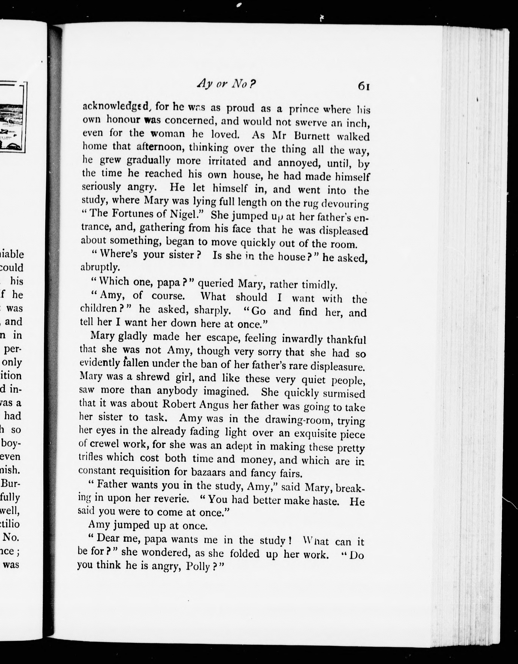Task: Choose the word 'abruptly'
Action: pos(99,267)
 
